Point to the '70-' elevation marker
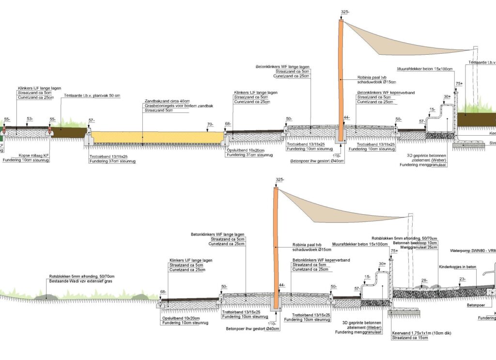click(210, 125)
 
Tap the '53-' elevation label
click(30, 118)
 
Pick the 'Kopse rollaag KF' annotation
click(33, 155)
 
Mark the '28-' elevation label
click(424, 280)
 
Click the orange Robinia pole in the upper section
click(341, 78)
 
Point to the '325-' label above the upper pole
click(345, 12)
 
